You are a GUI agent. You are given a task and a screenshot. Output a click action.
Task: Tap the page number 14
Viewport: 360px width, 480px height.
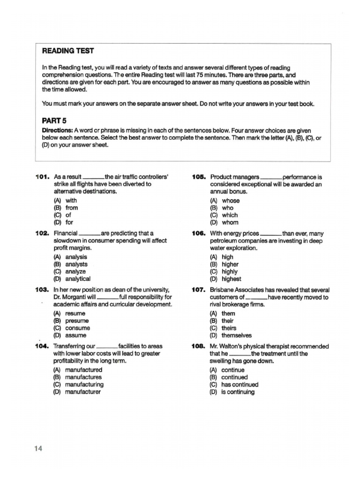38,449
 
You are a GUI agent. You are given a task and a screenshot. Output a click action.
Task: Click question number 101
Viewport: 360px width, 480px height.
42,177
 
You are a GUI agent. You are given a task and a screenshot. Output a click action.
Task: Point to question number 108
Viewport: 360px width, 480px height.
198,346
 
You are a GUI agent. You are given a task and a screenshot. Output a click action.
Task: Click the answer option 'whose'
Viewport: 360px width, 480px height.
231,201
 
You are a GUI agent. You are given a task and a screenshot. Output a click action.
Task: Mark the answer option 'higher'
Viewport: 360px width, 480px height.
230,264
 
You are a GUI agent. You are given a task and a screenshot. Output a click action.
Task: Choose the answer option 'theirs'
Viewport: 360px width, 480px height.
229,328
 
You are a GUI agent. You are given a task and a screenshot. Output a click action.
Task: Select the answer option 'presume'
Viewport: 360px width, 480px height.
77,321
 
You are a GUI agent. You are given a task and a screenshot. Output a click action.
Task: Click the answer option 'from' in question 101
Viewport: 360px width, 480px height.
72,208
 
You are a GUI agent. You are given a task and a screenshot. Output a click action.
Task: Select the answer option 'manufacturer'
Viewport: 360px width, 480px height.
83,392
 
